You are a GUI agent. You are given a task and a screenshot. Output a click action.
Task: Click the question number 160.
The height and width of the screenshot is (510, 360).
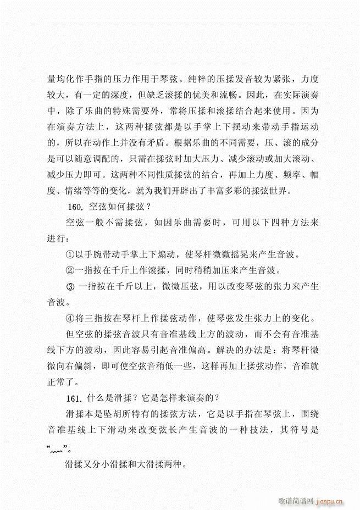point(73,207)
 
